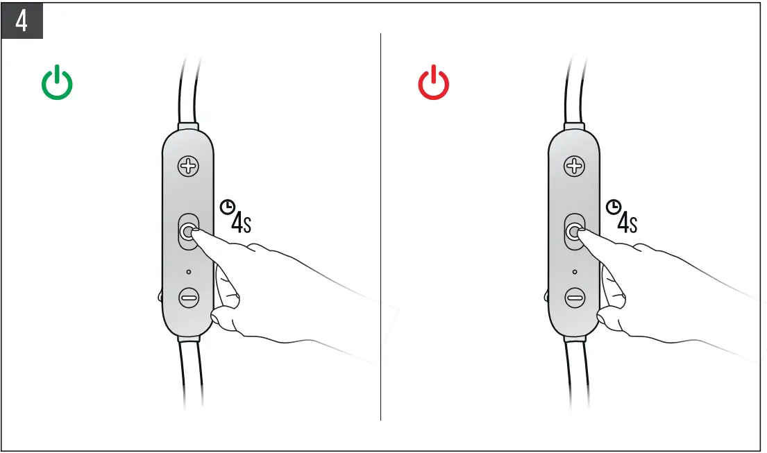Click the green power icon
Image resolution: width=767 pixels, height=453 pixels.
(57, 84)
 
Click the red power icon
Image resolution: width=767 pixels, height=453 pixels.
(433, 84)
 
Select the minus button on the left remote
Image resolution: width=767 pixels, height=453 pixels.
(188, 298)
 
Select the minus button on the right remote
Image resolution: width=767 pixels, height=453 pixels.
(574, 298)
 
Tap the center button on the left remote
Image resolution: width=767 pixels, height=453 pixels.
(188, 232)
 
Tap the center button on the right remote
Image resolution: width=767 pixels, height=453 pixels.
(573, 232)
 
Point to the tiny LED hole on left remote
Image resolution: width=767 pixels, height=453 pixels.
(188, 272)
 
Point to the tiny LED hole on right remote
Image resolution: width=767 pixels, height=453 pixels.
(574, 272)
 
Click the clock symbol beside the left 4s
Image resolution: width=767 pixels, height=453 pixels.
(226, 206)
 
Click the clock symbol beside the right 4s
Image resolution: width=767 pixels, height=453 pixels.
(612, 206)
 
